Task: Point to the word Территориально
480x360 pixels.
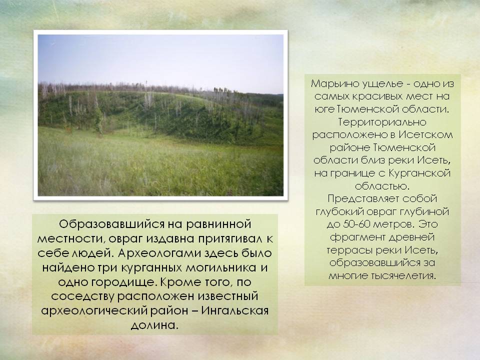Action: click(382, 122)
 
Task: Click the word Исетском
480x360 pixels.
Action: click(425, 134)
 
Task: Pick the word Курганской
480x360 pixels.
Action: click(419, 173)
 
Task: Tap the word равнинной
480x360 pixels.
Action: click(218, 224)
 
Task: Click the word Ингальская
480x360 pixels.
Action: click(235, 310)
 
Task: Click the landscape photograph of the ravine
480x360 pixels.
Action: click(160, 115)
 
